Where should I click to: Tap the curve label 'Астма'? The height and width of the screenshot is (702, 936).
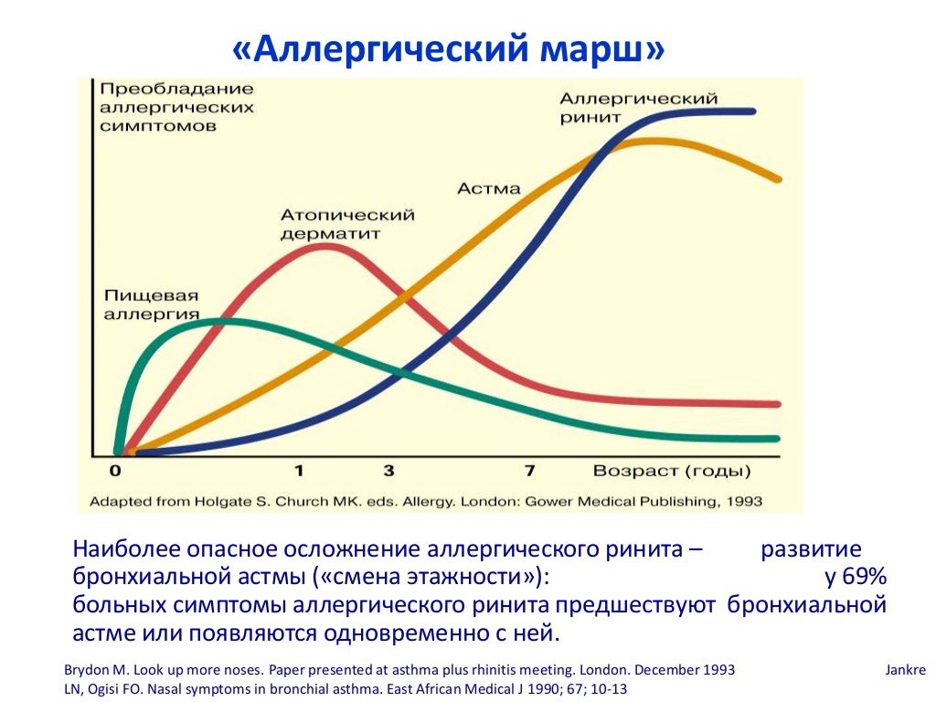489,189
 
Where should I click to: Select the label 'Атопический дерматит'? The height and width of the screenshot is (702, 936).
347,224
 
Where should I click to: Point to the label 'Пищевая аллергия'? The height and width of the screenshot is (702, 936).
152,305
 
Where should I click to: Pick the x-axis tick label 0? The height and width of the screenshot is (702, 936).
115,472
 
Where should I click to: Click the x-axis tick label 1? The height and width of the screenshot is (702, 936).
299,472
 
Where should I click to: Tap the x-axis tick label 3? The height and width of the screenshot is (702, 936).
388,472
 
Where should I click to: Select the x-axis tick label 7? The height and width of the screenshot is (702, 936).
530,472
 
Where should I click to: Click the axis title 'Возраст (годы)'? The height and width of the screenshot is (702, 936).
672,472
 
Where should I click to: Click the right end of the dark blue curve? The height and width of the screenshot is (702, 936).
753,111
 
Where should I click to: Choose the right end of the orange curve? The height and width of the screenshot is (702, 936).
779,179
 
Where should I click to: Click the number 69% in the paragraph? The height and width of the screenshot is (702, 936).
856,579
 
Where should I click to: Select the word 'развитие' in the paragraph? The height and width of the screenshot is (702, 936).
811,550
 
